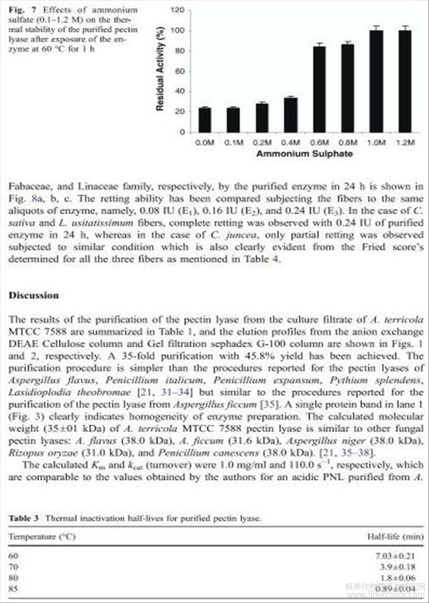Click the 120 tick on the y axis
178,11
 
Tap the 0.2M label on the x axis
261,143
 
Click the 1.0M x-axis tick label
375,143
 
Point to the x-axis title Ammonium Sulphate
304,154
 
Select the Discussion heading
34,295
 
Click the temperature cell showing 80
13,578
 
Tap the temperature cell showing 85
13,588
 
